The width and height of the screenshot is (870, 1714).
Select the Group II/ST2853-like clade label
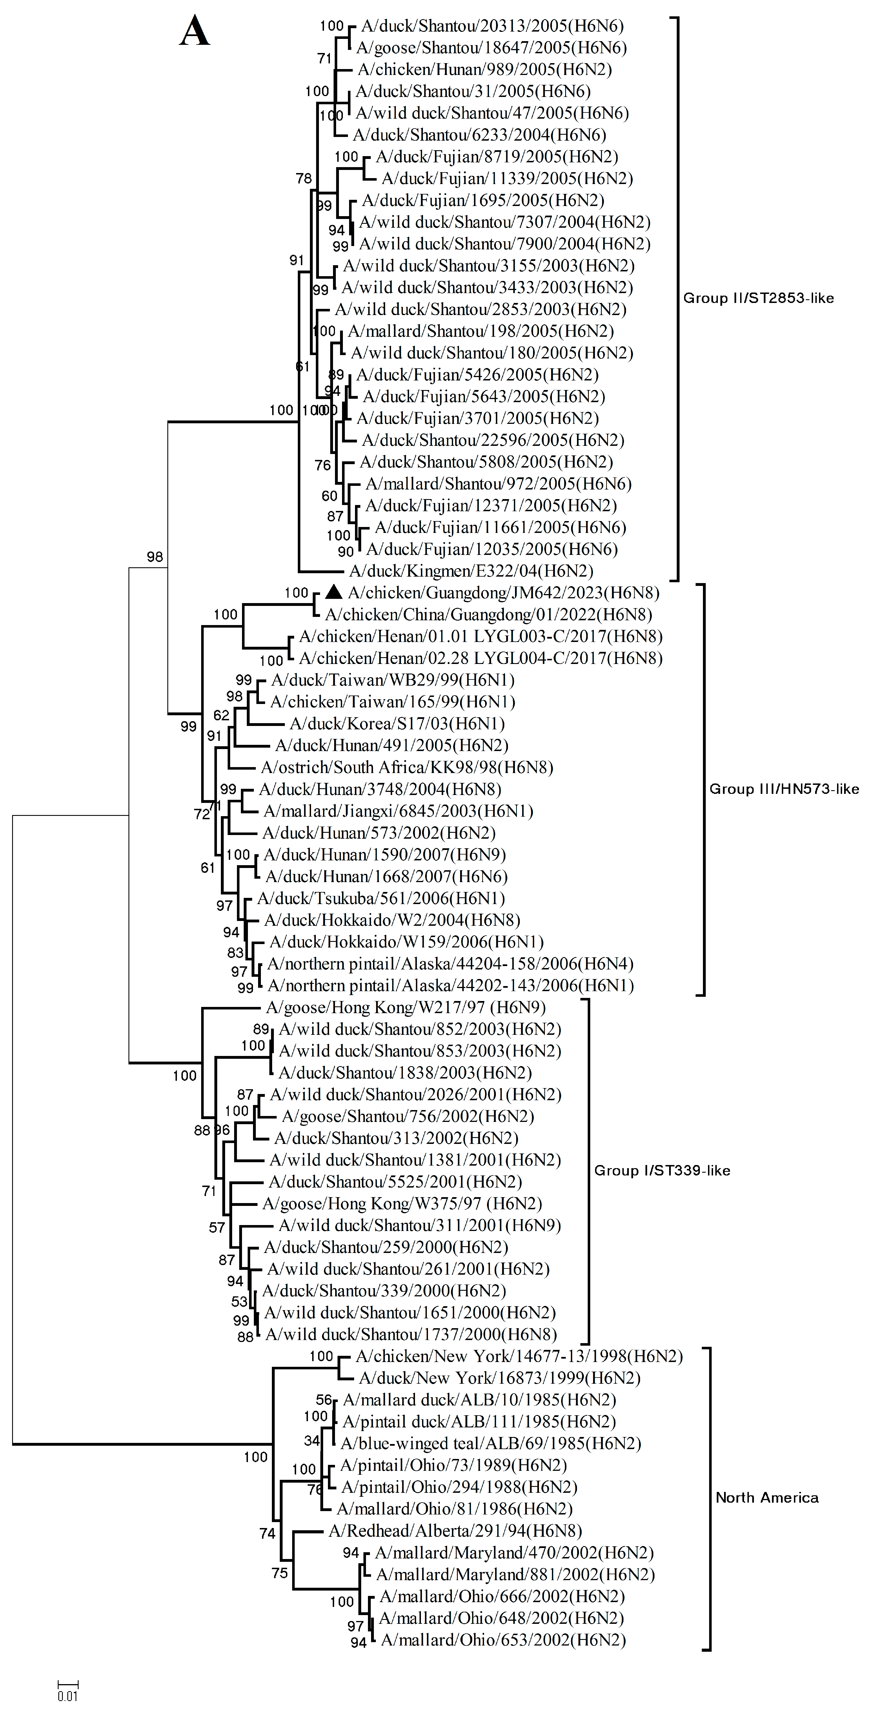point(758,298)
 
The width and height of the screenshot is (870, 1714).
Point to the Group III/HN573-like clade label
point(784,789)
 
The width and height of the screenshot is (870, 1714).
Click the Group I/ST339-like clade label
point(662,1170)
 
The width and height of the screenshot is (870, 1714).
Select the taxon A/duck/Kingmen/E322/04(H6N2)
point(471,571)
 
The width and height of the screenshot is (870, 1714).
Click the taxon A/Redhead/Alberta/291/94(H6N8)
point(455,1531)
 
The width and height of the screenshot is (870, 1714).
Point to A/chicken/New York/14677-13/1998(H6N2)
point(519,1356)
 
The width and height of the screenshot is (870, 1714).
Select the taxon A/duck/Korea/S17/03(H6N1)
point(397,723)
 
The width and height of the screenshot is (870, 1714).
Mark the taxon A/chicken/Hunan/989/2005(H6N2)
point(484,69)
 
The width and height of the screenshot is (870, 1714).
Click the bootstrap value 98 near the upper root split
point(154,557)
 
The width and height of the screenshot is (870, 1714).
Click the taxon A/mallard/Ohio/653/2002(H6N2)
point(503,1640)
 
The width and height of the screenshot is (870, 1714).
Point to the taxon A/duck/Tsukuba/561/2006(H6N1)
point(381,898)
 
